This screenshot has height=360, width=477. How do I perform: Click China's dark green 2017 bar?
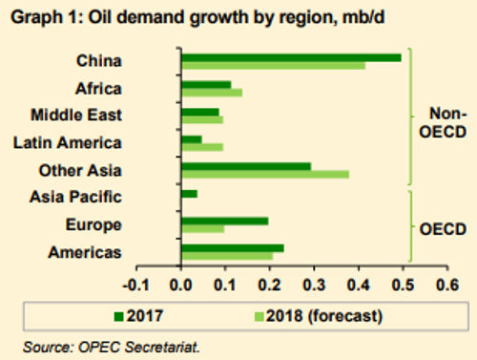tap(291, 58)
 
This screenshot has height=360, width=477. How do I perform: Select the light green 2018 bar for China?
tap(274, 66)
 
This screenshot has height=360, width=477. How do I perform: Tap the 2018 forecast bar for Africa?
tap(212, 93)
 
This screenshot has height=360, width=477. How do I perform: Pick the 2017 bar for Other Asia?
tap(246, 166)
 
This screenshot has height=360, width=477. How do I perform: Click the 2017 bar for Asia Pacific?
tap(189, 194)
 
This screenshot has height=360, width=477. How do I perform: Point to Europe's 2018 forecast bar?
tap(203, 229)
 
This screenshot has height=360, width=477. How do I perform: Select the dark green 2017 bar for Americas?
tap(233, 248)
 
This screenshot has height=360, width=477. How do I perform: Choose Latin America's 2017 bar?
tap(192, 139)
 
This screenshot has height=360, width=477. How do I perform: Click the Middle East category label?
tap(76, 115)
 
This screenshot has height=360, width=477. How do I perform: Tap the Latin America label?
tap(68, 142)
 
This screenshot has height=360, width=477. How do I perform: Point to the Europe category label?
tap(93, 225)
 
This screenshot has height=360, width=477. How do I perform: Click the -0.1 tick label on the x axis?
tap(136, 285)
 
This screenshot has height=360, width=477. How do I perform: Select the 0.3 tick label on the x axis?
tap(314, 285)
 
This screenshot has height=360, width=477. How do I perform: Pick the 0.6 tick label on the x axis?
tap(447, 285)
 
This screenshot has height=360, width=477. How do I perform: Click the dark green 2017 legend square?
tap(118, 317)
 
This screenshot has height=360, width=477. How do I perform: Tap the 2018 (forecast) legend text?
tap(324, 316)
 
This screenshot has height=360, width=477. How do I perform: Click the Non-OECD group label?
tap(444, 122)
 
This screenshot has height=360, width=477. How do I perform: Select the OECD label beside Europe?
tap(443, 229)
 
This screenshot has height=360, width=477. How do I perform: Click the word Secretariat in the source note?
tap(162, 347)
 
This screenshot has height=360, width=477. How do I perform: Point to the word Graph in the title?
tap(36, 17)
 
